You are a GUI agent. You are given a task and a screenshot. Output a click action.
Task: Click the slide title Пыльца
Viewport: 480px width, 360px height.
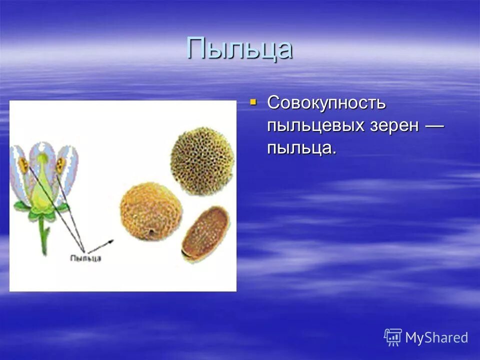(239, 48)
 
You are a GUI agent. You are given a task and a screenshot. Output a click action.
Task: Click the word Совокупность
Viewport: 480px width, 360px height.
(326, 103)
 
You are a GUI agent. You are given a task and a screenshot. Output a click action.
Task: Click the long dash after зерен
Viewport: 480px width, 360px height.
(434, 125)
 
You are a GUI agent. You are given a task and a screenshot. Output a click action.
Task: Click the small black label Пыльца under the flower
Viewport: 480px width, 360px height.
(85, 258)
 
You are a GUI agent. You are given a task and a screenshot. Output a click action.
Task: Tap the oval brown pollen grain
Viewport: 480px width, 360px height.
(205, 233)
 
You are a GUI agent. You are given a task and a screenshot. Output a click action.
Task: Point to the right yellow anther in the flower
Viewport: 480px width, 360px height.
(60, 165)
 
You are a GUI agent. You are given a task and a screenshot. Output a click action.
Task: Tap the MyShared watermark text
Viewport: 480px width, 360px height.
(436, 338)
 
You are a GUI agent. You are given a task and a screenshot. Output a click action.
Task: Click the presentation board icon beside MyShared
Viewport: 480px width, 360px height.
(393, 337)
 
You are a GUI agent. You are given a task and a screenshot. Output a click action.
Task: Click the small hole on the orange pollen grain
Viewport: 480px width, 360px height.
(151, 231)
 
